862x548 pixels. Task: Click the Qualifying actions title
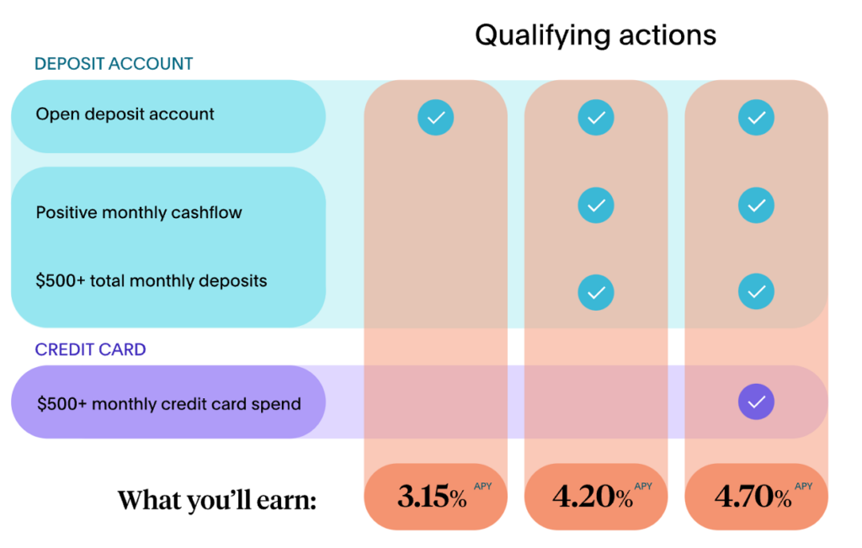click(595, 36)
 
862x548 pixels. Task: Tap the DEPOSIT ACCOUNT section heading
click(114, 64)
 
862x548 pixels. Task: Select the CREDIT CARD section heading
click(90, 349)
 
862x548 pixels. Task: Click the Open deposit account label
click(125, 114)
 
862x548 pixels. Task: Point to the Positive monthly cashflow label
click(139, 213)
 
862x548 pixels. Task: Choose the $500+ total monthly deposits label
click(152, 281)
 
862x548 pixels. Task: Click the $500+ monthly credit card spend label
click(168, 404)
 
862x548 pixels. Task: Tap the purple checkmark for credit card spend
click(756, 402)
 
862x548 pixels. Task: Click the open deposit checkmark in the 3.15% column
click(435, 117)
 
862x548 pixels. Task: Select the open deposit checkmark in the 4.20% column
click(596, 117)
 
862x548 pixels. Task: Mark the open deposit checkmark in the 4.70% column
click(756, 117)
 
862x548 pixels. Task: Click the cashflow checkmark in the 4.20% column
click(596, 205)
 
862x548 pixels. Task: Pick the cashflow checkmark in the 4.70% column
click(756, 205)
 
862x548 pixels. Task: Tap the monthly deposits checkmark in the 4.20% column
click(596, 292)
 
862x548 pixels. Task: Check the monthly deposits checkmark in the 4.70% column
click(756, 291)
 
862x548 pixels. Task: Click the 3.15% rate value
click(432, 497)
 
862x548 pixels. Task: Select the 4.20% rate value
click(592, 497)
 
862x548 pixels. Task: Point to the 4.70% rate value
click(753, 497)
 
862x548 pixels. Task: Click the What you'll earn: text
click(217, 500)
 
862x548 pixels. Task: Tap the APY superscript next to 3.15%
click(482, 486)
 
